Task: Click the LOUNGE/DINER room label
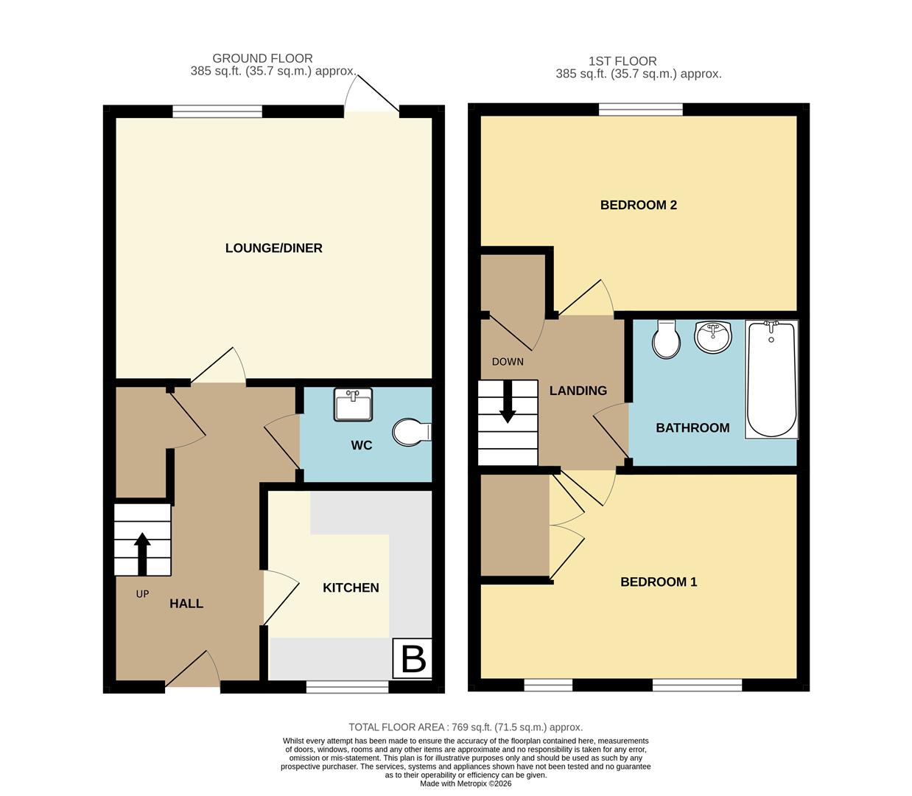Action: coord(273,248)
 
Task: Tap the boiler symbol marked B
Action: coord(413,658)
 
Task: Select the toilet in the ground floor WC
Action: coord(411,433)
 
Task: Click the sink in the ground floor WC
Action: coord(353,405)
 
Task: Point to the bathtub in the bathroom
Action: coord(771,379)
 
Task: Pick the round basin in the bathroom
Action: coord(712,338)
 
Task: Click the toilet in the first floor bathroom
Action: coord(666,339)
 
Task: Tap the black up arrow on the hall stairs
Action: coord(142,554)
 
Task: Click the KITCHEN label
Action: coord(351,587)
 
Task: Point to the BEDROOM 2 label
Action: coord(638,205)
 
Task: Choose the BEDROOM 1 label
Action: coord(658,582)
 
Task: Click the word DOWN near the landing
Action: coord(508,362)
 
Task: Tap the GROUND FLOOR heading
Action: coord(262,58)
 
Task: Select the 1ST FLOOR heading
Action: coord(622,61)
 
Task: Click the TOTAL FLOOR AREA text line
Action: coord(466,727)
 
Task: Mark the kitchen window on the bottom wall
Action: coord(347,687)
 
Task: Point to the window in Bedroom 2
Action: coord(640,110)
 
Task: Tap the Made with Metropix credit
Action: coord(466,783)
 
